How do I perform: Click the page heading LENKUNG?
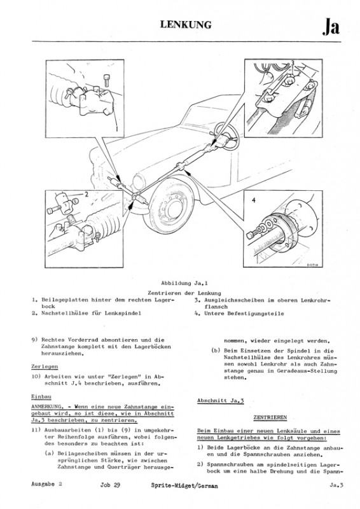tap(186, 25)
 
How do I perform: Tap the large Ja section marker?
tap(331, 27)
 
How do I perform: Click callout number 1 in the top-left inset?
tap(116, 129)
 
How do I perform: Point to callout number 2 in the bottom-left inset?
tap(87, 195)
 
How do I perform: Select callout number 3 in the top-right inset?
tap(292, 63)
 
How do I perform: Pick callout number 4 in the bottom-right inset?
tap(254, 200)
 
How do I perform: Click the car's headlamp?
tap(139, 181)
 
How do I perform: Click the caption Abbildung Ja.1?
tap(184, 283)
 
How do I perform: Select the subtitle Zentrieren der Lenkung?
tap(184, 293)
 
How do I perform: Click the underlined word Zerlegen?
tap(45, 366)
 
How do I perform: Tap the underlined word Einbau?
tap(41, 396)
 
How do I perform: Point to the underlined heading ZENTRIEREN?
tap(270, 417)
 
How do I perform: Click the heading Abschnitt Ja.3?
tap(221, 401)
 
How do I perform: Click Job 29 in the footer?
tap(110, 485)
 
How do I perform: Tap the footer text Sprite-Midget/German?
tap(184, 485)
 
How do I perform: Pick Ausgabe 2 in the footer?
tap(46, 484)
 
